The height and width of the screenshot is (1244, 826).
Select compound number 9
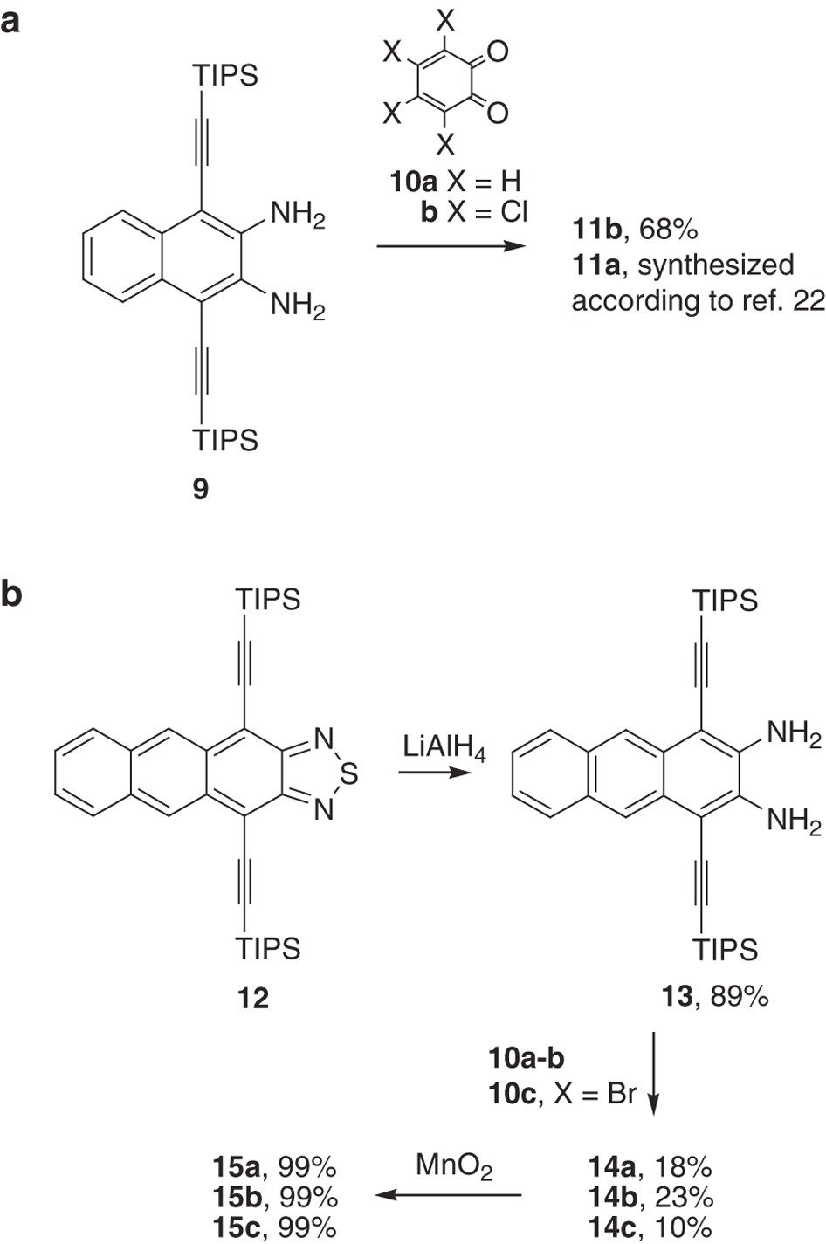click(201, 489)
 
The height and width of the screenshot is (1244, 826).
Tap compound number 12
click(253, 997)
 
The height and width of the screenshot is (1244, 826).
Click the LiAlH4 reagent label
click(444, 749)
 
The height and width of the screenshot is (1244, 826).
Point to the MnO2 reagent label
click(453, 1166)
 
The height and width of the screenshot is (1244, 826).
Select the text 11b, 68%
click(635, 230)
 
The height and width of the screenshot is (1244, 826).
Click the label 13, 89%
click(714, 996)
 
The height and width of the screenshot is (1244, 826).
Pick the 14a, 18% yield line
click(650, 1167)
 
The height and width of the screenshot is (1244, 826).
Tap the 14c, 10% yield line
click(650, 1227)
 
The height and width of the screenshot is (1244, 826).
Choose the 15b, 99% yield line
click(274, 1197)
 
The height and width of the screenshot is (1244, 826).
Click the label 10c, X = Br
click(562, 1092)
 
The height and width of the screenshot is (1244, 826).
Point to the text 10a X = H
click(454, 182)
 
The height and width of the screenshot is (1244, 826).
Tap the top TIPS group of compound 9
click(226, 76)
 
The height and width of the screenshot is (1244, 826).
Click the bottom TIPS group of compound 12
click(268, 948)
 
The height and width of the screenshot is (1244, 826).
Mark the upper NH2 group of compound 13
click(793, 735)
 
